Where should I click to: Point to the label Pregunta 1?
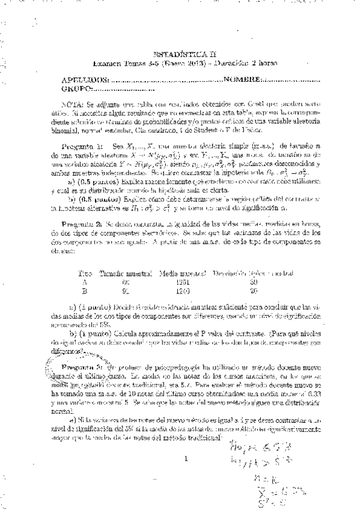tap(82, 146)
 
